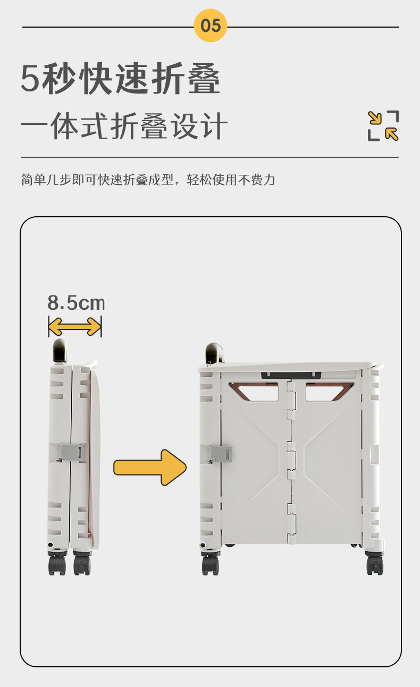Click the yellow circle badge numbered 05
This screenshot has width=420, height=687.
tap(211, 25)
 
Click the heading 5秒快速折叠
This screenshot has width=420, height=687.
tap(121, 79)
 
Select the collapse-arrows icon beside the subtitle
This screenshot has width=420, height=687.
tap(383, 126)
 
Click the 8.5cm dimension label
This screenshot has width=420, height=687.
tap(76, 303)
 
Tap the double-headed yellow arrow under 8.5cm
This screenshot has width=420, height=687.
tap(74, 326)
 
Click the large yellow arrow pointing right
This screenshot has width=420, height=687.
tap(150, 467)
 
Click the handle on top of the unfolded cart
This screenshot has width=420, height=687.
tap(214, 353)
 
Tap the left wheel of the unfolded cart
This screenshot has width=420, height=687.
tap(211, 564)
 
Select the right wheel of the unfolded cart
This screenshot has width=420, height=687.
tap(375, 564)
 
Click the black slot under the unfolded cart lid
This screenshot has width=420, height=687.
tap(291, 375)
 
